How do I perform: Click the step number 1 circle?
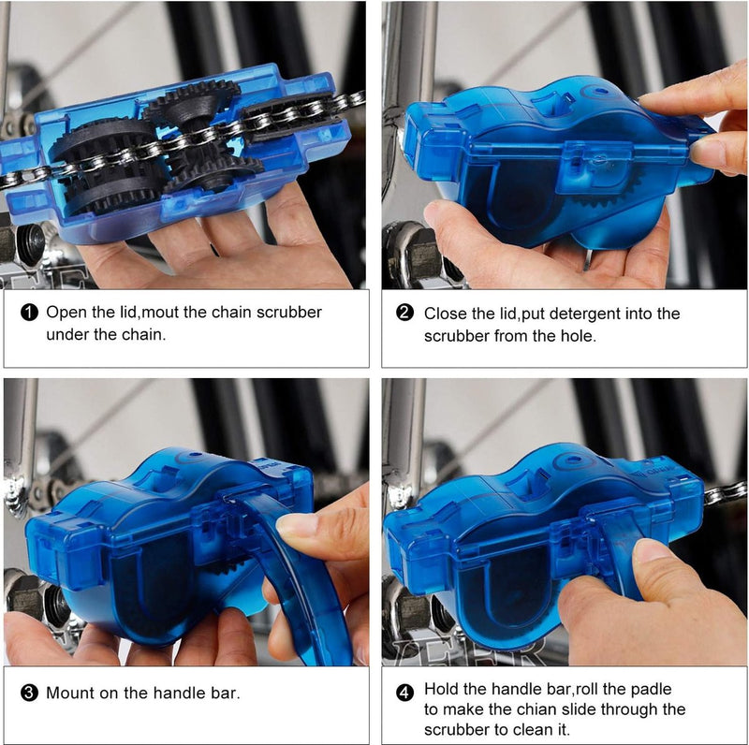click(x=30, y=313)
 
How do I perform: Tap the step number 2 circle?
click(x=404, y=313)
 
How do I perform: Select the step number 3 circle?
click(x=30, y=693)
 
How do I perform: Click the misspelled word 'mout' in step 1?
click(x=161, y=313)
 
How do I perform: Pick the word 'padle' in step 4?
click(x=651, y=690)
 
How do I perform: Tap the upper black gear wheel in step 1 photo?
click(x=190, y=103)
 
